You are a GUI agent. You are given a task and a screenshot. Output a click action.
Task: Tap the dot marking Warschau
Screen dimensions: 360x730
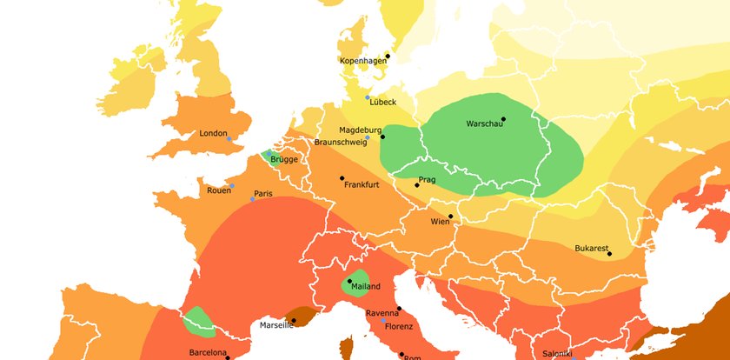pyautogui.click(x=503, y=119)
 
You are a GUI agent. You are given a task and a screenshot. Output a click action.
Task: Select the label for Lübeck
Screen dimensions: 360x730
pyautogui.click(x=382, y=102)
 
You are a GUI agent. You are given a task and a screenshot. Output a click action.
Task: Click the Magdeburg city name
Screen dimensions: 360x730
pyautogui.click(x=359, y=130)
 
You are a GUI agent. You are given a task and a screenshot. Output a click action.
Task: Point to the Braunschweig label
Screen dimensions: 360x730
pyautogui.click(x=339, y=142)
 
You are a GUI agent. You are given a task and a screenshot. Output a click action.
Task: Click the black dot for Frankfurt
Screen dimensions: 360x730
pyautogui.click(x=342, y=178)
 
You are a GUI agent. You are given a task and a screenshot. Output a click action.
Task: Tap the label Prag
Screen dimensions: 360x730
pyautogui.click(x=427, y=180)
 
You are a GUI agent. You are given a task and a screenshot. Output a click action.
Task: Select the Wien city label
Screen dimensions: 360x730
pyautogui.click(x=440, y=222)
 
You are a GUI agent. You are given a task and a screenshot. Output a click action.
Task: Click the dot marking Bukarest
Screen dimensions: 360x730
pyautogui.click(x=609, y=254)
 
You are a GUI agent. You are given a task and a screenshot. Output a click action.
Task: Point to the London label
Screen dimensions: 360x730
pyautogui.click(x=213, y=133)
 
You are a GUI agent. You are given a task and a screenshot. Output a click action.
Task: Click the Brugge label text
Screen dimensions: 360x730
pyautogui.click(x=283, y=160)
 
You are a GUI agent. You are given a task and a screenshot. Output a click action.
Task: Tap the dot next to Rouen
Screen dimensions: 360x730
pyautogui.click(x=232, y=186)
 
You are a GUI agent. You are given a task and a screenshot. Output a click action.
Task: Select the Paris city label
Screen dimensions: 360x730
pyautogui.click(x=263, y=193)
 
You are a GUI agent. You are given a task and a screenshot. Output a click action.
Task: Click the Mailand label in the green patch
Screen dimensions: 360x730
pyautogui.click(x=365, y=286)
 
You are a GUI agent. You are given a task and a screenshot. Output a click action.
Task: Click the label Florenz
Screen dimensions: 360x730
pyautogui.click(x=400, y=327)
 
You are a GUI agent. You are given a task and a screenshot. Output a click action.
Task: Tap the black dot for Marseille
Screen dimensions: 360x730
pyautogui.click(x=294, y=320)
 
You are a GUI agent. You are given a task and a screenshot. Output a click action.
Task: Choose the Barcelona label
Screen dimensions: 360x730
pyautogui.click(x=208, y=352)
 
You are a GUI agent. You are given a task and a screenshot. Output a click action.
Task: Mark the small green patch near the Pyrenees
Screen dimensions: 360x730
pyautogui.click(x=200, y=321)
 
